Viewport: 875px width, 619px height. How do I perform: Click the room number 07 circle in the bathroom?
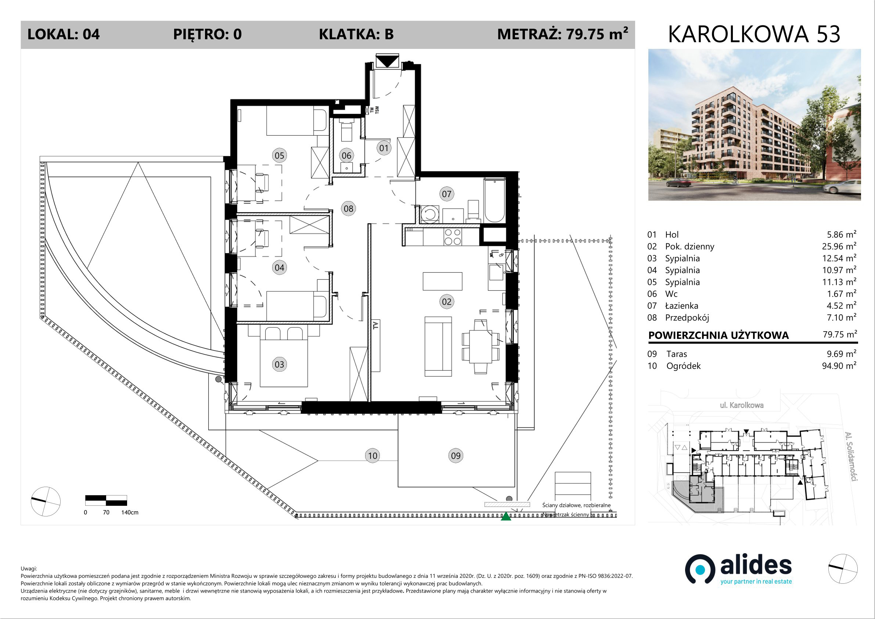446,194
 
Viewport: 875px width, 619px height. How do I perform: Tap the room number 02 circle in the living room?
446,302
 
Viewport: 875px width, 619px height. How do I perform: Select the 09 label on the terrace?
456,455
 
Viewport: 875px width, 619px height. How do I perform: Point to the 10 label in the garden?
372,455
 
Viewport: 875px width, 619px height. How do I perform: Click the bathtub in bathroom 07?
494,200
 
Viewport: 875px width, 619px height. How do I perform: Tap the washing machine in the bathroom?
430,214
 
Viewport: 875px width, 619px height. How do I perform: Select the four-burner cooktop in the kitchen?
453,236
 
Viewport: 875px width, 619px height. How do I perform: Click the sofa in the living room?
438,346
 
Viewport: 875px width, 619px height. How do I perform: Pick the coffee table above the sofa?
442,281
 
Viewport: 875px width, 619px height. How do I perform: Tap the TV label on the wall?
375,325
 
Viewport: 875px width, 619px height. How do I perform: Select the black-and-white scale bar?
106,500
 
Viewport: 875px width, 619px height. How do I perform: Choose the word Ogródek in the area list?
683,366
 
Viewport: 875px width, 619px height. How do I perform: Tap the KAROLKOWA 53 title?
754,34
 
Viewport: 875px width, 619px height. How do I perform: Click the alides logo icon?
700,569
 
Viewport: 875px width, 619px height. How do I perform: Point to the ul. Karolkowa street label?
742,405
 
